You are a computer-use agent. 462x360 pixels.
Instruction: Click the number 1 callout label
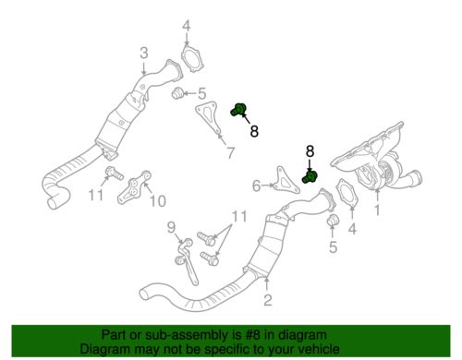(377, 210)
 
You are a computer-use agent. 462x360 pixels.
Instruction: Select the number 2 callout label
(268, 300)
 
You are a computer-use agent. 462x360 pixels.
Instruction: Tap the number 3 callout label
(144, 53)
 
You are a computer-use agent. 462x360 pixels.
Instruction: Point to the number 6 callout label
(257, 186)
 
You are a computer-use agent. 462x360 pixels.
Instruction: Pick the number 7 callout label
(231, 152)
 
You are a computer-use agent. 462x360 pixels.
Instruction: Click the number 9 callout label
(171, 227)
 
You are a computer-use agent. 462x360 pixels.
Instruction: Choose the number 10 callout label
(158, 200)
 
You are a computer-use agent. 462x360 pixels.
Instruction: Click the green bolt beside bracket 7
(238, 110)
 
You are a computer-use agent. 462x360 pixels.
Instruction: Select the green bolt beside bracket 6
(310, 177)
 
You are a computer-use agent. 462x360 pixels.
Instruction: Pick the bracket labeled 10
(135, 187)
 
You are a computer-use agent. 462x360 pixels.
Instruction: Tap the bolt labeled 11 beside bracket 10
(114, 174)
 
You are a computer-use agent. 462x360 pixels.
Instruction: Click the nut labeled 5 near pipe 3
(177, 93)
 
